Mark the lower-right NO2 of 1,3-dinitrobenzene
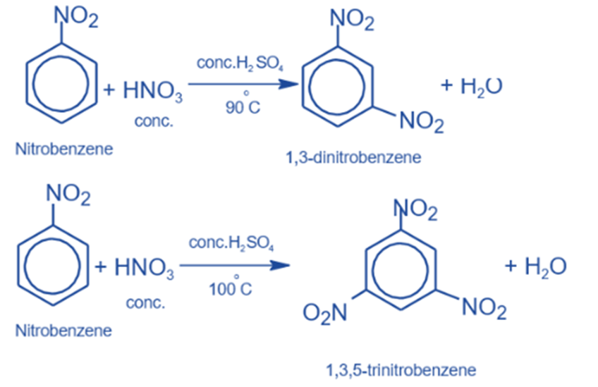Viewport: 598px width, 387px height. point(422,124)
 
